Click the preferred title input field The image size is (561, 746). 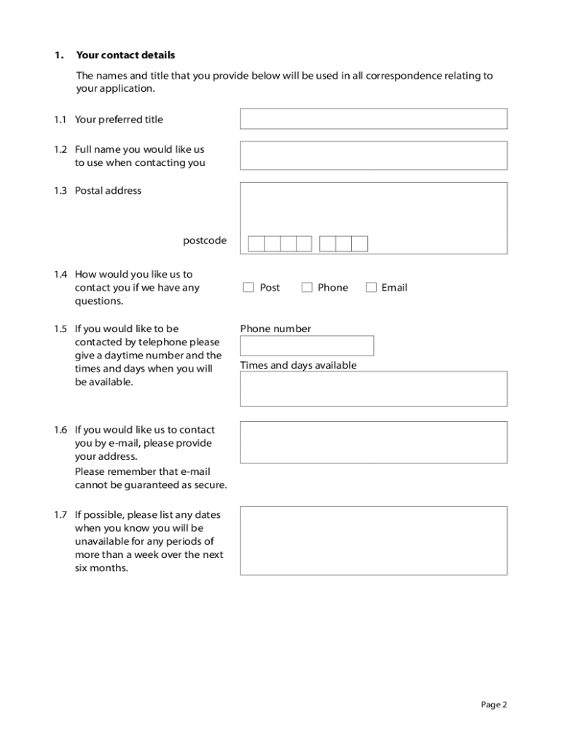coord(373,119)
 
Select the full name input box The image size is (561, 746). coord(373,155)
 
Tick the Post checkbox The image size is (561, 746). coord(248,288)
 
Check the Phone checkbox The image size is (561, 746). coord(307,288)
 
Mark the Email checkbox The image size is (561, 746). coord(371,288)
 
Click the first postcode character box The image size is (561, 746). coord(256,244)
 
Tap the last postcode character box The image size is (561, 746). coord(360,244)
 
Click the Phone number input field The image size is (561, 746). coord(307,345)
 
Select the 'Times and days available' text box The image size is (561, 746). coord(373,388)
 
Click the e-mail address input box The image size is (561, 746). coord(373,442)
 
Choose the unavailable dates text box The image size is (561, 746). coord(373,541)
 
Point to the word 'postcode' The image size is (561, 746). coord(205,240)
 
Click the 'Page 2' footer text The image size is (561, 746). coord(493,704)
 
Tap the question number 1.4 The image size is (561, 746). coord(60,275)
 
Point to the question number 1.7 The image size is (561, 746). coord(60,515)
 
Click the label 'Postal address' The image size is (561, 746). coord(108,191)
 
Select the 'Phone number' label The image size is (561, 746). coord(275,329)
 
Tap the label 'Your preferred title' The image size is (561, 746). coord(119,119)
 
